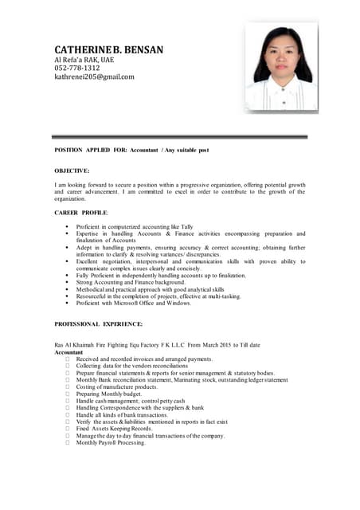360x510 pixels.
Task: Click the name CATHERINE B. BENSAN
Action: (x=108, y=49)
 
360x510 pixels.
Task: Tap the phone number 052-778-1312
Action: (x=77, y=69)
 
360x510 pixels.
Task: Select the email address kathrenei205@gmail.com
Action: (x=94, y=77)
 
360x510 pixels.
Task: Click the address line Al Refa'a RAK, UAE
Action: (x=84, y=60)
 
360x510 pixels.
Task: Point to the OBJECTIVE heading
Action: (x=72, y=171)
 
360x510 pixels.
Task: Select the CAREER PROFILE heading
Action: (x=81, y=213)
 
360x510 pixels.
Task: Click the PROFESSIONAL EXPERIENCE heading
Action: (x=98, y=324)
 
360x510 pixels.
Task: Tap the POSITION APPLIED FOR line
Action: (x=131, y=150)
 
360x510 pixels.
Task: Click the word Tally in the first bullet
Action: (x=187, y=226)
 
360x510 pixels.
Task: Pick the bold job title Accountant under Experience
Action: (x=68, y=351)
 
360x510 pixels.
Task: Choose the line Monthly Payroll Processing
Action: (x=111, y=442)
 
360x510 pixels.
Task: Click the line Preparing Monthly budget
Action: (x=109, y=394)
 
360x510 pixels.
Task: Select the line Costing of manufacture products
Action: (x=117, y=386)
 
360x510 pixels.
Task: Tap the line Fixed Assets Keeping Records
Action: (x=114, y=429)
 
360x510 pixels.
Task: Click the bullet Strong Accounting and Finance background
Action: (x=131, y=282)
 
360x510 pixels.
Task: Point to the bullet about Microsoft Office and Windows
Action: (x=134, y=303)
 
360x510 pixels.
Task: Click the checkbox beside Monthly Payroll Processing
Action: (x=68, y=442)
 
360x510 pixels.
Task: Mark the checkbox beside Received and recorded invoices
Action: (x=68, y=359)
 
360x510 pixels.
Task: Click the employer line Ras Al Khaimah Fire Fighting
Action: (x=157, y=344)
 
